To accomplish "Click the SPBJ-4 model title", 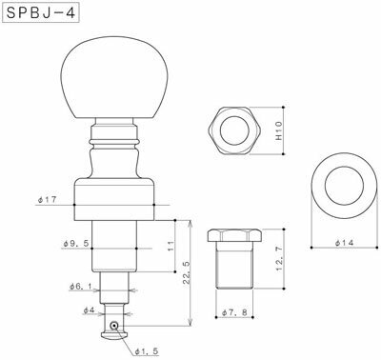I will click(x=41, y=17).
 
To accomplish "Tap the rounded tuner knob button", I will click(x=114, y=81).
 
